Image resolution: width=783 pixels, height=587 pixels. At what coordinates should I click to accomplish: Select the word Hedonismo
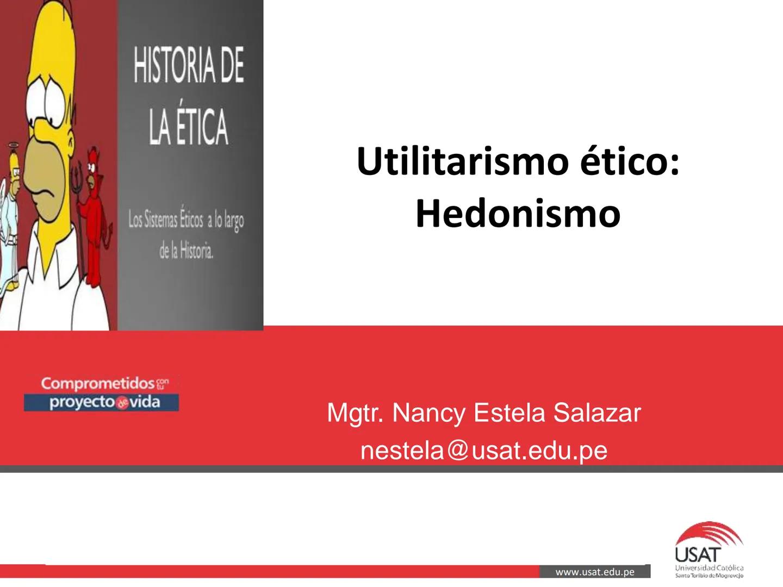point(518,214)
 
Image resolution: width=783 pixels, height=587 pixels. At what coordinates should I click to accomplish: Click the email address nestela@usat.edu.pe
point(483,450)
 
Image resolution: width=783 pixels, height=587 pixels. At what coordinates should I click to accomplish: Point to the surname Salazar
point(597,413)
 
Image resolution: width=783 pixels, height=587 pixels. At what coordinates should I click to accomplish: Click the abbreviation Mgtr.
point(356,413)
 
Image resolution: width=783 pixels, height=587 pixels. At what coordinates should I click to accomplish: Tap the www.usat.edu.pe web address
point(595,572)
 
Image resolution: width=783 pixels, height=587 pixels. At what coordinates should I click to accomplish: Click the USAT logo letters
point(698,555)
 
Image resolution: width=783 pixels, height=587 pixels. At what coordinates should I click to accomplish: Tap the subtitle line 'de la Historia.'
point(187,251)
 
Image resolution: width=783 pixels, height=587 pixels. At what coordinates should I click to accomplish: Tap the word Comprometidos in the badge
point(98,384)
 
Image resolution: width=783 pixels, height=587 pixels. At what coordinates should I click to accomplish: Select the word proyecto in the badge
point(82,402)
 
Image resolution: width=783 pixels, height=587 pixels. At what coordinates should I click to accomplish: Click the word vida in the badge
point(145,402)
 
